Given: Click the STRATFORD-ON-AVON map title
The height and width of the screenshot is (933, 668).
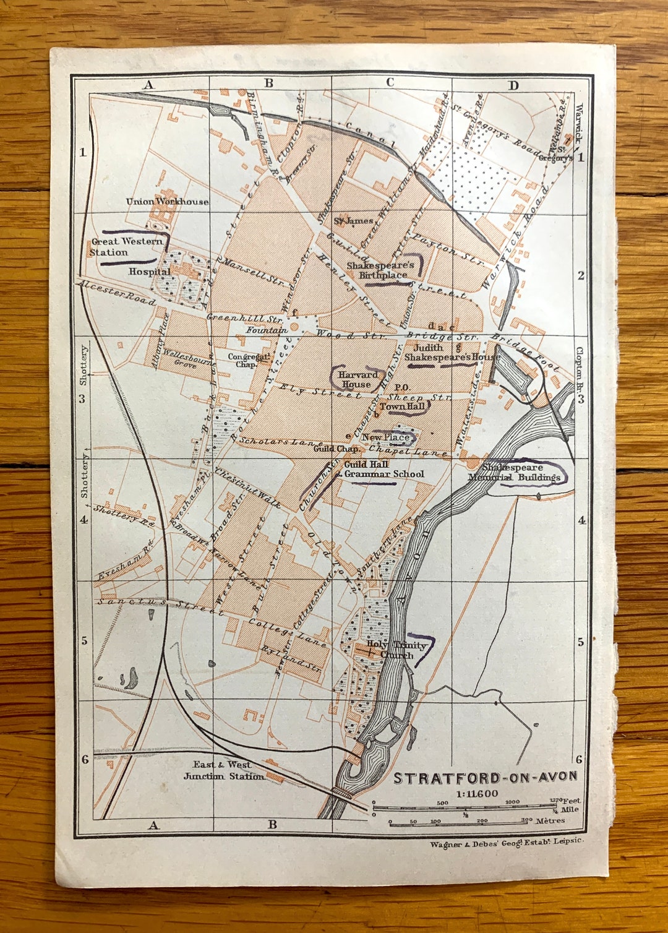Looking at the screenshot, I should click(486, 778).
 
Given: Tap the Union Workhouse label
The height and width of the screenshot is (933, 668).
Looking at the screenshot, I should click(167, 201).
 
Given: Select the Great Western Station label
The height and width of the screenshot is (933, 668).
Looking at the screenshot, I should click(126, 247).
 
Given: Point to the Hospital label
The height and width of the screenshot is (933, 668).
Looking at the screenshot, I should click(149, 272).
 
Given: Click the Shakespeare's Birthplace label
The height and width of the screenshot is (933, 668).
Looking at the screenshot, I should click(381, 270).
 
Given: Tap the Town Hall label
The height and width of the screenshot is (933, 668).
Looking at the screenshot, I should click(402, 406).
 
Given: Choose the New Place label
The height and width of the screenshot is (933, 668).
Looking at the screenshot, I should click(385, 437).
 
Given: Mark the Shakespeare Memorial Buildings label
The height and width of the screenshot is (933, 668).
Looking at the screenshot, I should click(514, 472).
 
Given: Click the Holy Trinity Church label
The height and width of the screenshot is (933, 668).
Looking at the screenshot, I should click(396, 650).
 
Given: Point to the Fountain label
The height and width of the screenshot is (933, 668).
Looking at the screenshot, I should click(267, 330).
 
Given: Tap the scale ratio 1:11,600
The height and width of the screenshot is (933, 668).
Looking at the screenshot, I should click(477, 794).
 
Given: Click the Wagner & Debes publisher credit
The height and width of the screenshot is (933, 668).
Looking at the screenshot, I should click(507, 842).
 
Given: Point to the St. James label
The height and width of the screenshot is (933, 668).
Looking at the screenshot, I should click(353, 221).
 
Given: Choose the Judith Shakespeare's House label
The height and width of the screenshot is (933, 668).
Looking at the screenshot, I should click(452, 353).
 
